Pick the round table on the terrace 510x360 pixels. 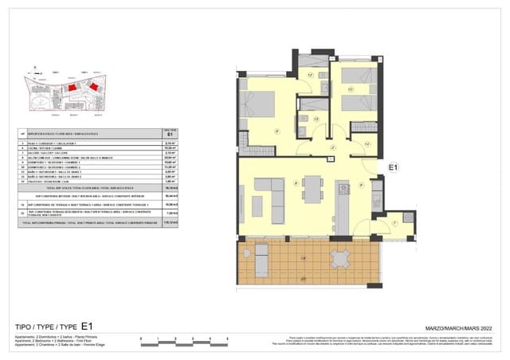(x=340, y=258)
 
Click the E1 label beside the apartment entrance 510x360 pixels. (x=392, y=167)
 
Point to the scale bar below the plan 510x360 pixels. (x=175, y=342)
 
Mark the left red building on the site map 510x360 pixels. (x=72, y=86)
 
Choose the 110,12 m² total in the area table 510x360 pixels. (x=169, y=224)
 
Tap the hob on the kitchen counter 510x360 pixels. (x=343, y=189)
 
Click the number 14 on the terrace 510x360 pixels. (x=303, y=260)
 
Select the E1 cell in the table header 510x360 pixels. (x=169, y=135)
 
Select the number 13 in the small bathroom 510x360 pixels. (x=316, y=119)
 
